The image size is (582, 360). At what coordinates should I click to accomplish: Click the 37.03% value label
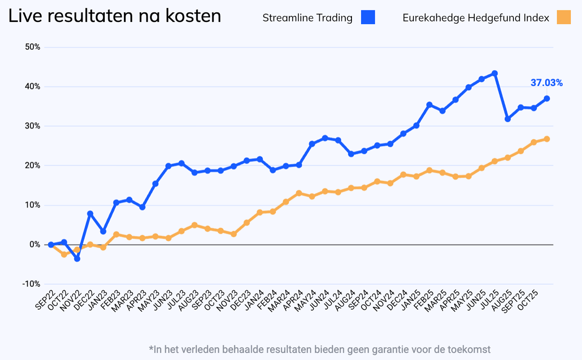(546, 83)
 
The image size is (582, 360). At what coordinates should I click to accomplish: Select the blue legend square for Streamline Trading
(368, 18)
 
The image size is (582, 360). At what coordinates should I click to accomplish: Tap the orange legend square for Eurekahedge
(564, 18)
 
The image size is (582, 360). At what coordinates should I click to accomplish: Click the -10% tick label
(32, 284)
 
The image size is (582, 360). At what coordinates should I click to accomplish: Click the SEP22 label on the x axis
(45, 300)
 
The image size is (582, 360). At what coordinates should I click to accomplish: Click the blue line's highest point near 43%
(495, 73)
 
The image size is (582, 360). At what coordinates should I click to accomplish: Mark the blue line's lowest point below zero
(77, 259)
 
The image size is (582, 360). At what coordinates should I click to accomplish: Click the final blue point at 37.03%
(547, 99)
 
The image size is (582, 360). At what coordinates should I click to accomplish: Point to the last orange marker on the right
(547, 139)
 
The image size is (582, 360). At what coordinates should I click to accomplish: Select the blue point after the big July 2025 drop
(508, 119)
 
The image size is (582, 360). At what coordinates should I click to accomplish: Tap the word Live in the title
(24, 17)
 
